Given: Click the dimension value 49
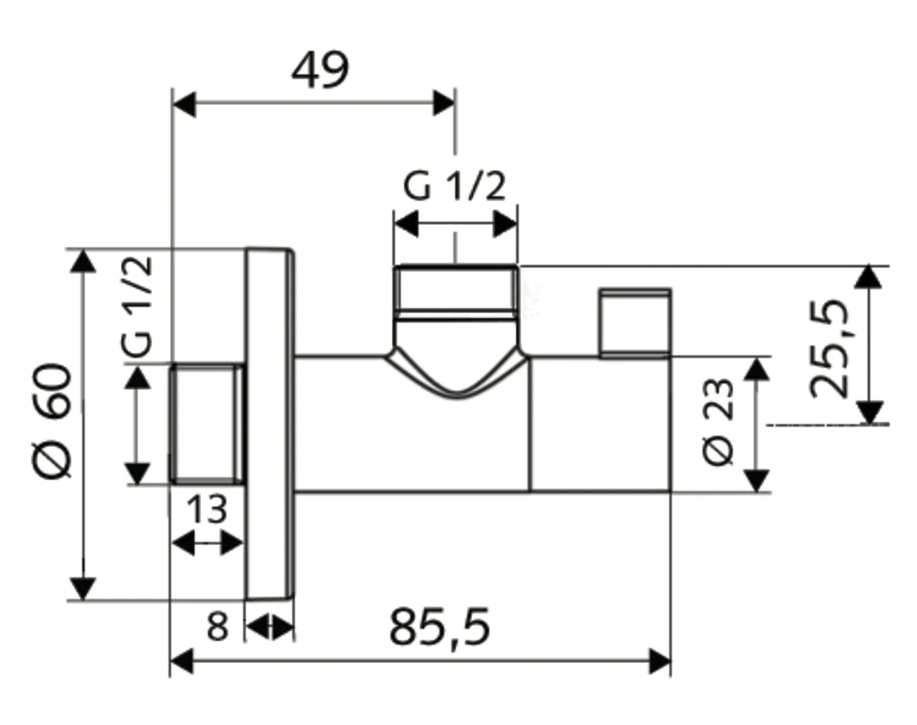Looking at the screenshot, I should pos(320,71).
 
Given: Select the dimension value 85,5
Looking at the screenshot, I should pos(439,628).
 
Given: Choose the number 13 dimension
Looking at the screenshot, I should pos(207,511).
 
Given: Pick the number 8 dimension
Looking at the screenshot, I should pos(218,626).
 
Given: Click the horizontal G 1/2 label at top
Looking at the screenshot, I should pos(454,188).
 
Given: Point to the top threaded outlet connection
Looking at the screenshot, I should pos(455,291).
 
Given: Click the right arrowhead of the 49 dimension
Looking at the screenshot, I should pos(444,103).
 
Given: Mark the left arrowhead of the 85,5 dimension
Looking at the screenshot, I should pos(182,662).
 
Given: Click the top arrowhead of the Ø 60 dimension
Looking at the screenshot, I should pos(83,260).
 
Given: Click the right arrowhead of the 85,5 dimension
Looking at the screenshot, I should pos(660,662).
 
